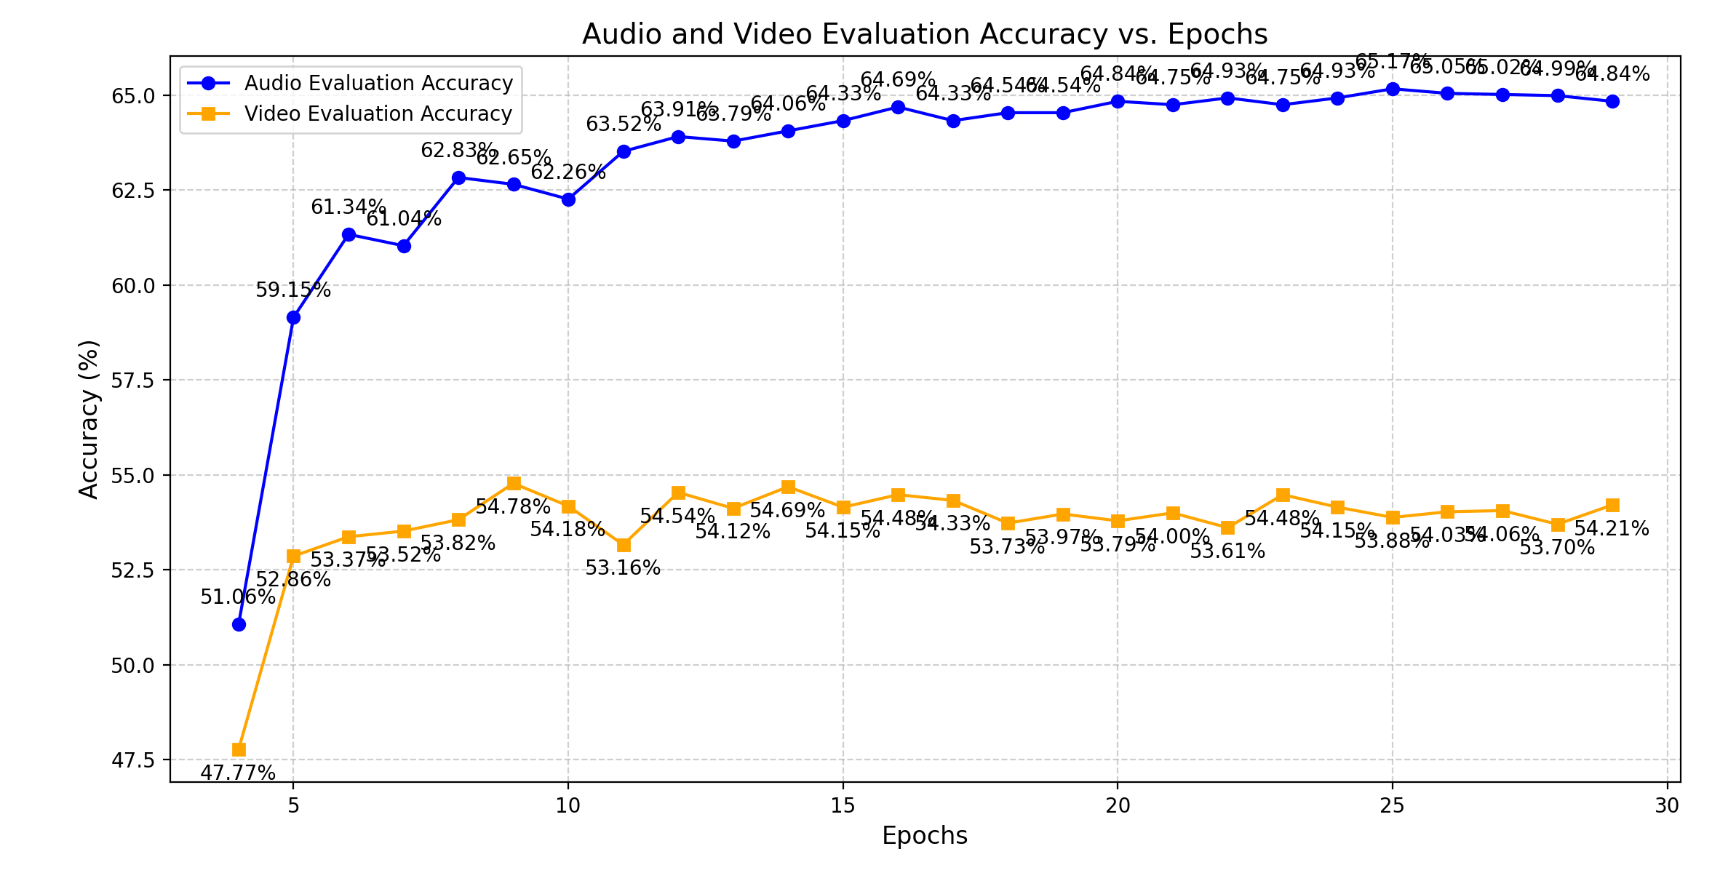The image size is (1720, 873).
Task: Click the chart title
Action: point(924,34)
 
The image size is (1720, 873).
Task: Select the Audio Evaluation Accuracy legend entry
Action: point(378,84)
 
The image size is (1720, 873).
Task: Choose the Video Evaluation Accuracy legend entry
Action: point(378,114)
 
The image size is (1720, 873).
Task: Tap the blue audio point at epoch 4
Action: point(239,624)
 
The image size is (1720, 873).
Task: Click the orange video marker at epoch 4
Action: point(239,749)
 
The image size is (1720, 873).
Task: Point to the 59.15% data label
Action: point(293,290)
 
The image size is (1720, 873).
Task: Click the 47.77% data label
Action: point(238,773)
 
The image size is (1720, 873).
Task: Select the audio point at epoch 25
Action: point(1393,89)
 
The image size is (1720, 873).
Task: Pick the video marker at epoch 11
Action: point(624,545)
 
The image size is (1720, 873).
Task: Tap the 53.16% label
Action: point(623,568)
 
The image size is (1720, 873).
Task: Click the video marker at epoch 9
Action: point(514,483)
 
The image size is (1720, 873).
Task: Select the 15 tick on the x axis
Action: point(843,806)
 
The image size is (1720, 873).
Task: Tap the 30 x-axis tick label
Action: point(1667,806)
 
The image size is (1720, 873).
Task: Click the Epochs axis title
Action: point(924,836)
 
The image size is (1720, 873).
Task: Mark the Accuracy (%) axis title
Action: point(89,419)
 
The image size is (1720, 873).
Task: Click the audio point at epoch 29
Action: point(1612,101)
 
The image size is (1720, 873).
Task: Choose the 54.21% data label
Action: point(1612,529)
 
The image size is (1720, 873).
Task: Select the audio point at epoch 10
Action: point(568,199)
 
